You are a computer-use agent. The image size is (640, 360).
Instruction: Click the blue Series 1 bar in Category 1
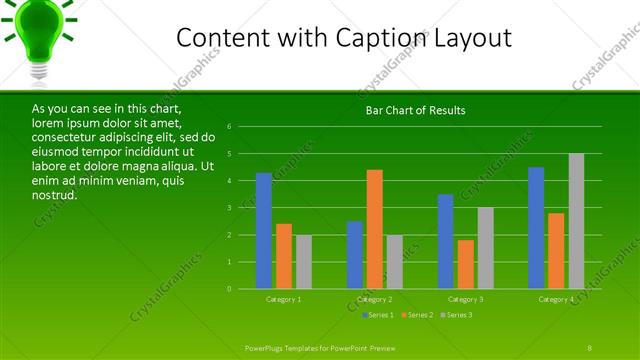pyautogui.click(x=264, y=231)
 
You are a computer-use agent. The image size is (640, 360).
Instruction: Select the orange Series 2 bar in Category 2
pyautogui.click(x=375, y=229)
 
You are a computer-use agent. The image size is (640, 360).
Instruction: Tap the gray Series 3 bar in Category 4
pyautogui.click(x=576, y=221)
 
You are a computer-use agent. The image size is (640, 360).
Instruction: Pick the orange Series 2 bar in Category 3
pyautogui.click(x=465, y=264)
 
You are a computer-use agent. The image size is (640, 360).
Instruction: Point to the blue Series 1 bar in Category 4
pyautogui.click(x=536, y=228)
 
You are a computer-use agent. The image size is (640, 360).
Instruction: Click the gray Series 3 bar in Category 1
pyautogui.click(x=304, y=262)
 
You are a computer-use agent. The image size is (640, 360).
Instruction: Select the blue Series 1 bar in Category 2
pyautogui.click(x=355, y=255)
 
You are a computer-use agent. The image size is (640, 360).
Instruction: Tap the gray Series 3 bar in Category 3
pyautogui.click(x=485, y=248)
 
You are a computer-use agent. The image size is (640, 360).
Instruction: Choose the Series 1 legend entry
pyautogui.click(x=378, y=315)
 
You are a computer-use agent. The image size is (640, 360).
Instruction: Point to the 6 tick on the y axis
pyautogui.click(x=230, y=127)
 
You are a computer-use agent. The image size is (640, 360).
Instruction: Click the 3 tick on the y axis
pyautogui.click(x=230, y=208)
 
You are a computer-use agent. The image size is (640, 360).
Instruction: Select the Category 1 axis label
pyautogui.click(x=284, y=299)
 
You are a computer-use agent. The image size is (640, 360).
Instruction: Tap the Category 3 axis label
pyautogui.click(x=465, y=299)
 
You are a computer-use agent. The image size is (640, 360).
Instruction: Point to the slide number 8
pyautogui.click(x=589, y=347)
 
